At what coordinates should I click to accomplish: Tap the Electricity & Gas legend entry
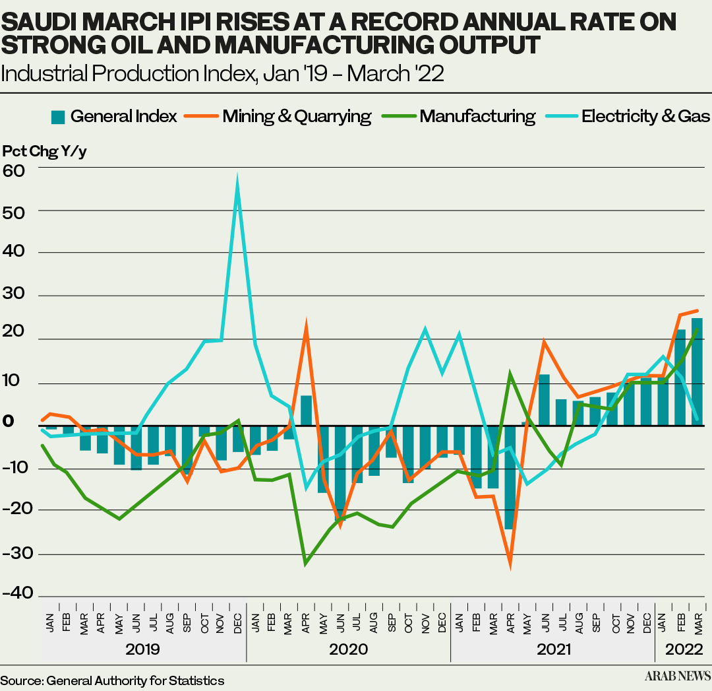click(x=645, y=117)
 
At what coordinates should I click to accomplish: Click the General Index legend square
click(x=58, y=117)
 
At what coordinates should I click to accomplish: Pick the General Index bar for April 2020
click(x=306, y=411)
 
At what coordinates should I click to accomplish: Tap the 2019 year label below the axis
click(x=143, y=649)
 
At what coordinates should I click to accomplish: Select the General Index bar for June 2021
click(x=544, y=400)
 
